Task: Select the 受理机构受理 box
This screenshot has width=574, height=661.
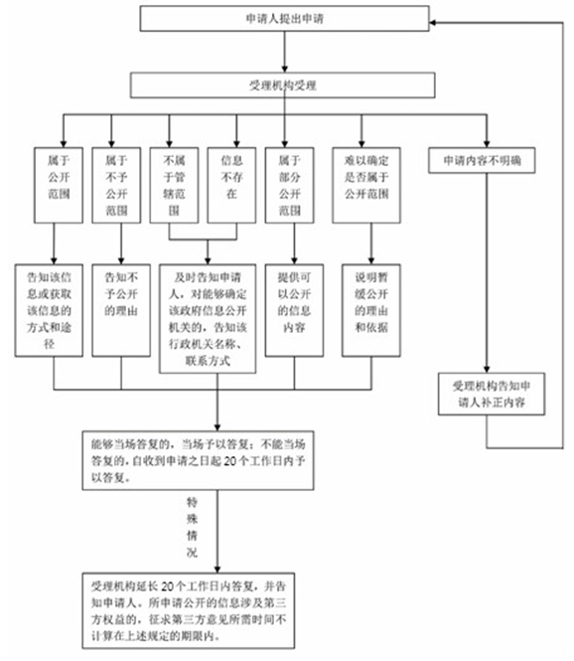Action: point(281,86)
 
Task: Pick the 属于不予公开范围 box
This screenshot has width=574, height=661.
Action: point(118,184)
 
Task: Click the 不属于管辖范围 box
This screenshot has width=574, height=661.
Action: point(176,184)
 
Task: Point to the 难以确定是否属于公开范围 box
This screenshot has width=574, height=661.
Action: point(370,184)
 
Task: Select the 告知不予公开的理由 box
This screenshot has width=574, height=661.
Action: point(120,308)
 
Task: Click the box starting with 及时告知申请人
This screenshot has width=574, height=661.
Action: point(216,316)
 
